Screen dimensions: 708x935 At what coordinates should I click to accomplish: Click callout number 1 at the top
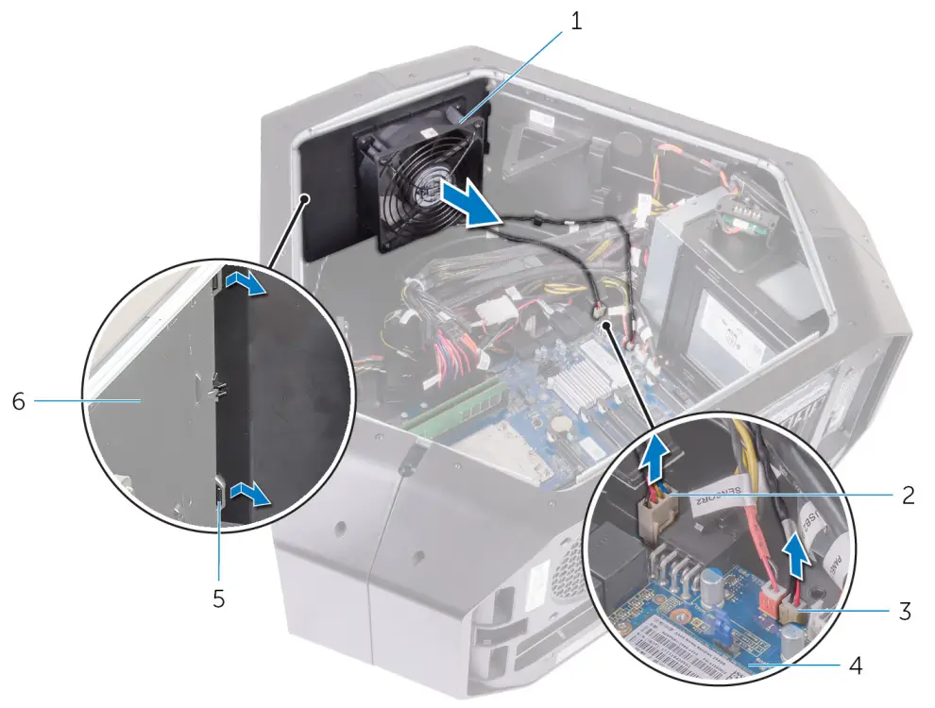pyautogui.click(x=576, y=20)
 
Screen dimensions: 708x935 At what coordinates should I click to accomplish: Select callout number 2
pyautogui.click(x=907, y=495)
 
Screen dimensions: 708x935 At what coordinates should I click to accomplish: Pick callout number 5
pyautogui.click(x=219, y=598)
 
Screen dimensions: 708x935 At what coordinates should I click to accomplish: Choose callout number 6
pyautogui.click(x=19, y=401)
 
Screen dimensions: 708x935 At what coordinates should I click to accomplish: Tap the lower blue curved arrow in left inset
pyautogui.click(x=251, y=493)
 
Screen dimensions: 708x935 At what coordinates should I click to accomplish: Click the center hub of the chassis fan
pyautogui.click(x=422, y=194)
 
